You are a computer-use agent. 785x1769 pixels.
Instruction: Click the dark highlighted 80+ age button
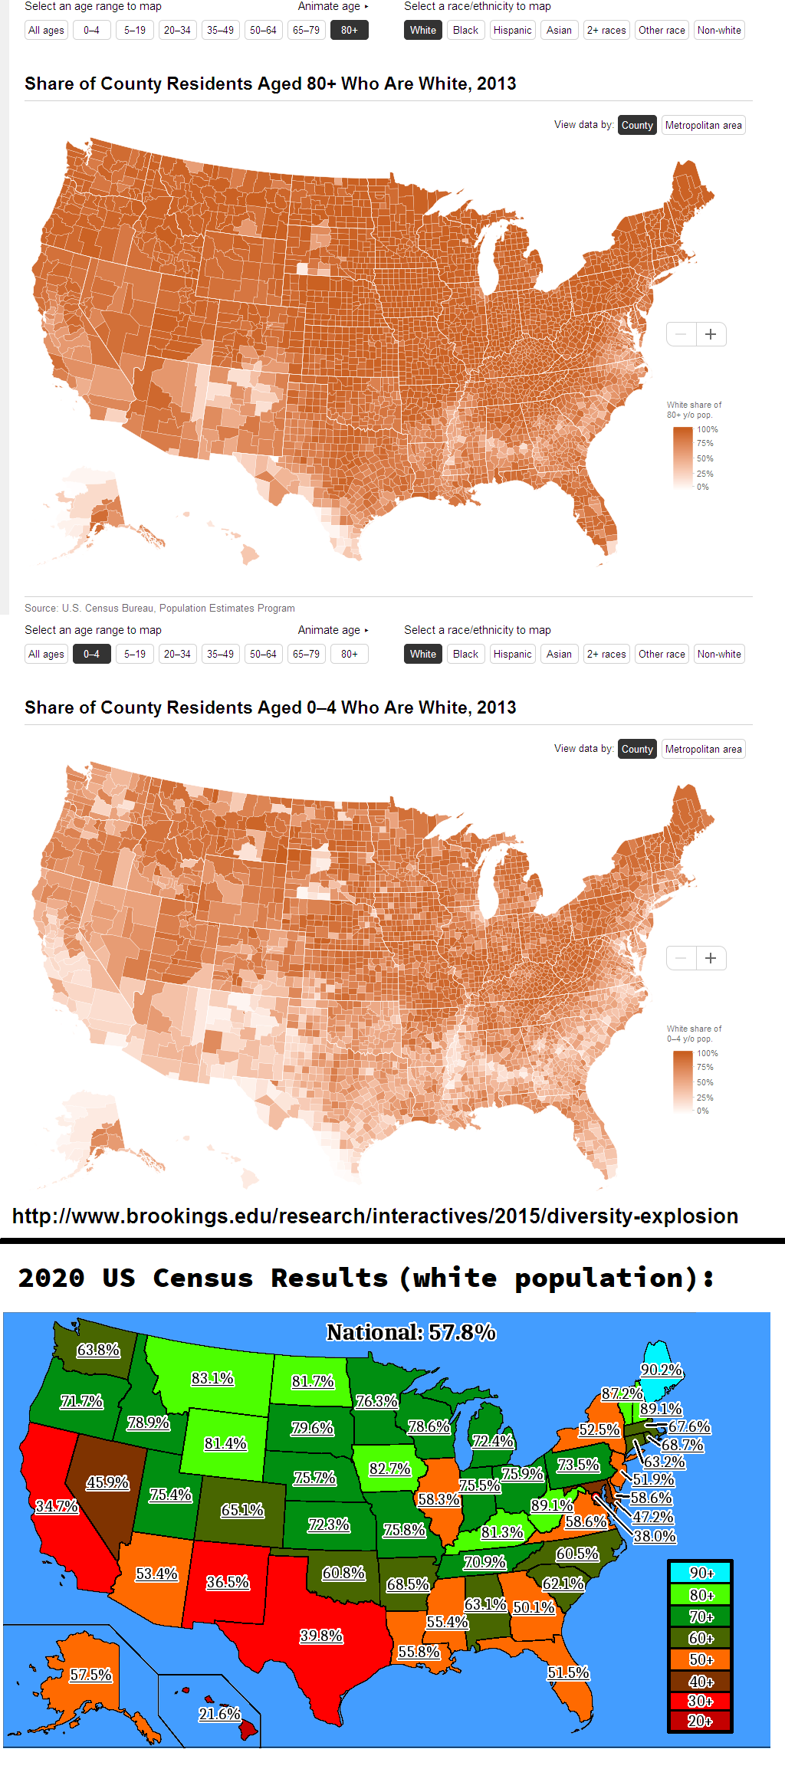(349, 31)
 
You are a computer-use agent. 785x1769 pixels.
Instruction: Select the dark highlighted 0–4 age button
(91, 655)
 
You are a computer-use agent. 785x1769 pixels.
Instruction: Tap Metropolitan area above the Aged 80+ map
(703, 126)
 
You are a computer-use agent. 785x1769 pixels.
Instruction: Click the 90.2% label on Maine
(661, 1370)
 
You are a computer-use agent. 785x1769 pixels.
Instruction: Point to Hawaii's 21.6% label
(219, 1714)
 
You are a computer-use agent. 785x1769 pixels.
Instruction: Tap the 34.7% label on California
(57, 1506)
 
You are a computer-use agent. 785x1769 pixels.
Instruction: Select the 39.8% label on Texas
(321, 1636)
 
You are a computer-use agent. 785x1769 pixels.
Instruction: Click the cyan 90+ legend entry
(701, 1573)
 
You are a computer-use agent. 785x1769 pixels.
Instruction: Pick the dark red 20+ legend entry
(701, 1721)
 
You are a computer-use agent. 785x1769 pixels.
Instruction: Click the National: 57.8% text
(411, 1333)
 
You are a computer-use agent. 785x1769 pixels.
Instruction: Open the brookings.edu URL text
(375, 1216)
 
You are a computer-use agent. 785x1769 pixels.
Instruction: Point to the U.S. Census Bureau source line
(159, 609)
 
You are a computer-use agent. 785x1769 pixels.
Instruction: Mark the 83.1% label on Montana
(212, 1378)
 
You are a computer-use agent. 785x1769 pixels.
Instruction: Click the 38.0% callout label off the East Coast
(655, 1536)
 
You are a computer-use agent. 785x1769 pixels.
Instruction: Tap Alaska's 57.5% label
(90, 1675)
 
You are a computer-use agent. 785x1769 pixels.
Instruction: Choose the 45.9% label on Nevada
(107, 1482)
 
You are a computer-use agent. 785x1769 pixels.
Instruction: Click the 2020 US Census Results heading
(366, 1278)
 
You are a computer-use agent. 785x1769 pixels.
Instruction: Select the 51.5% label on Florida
(568, 1672)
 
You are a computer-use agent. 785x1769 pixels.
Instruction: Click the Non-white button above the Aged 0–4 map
(719, 655)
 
